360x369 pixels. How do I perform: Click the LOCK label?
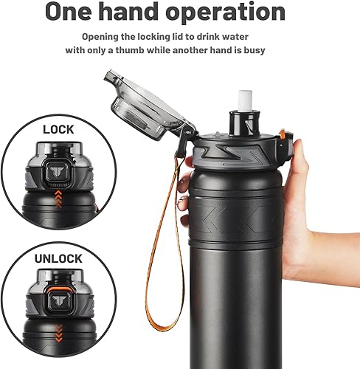coord(58,129)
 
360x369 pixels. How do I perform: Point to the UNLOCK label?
coord(58,259)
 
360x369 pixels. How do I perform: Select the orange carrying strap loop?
coord(175,244)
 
